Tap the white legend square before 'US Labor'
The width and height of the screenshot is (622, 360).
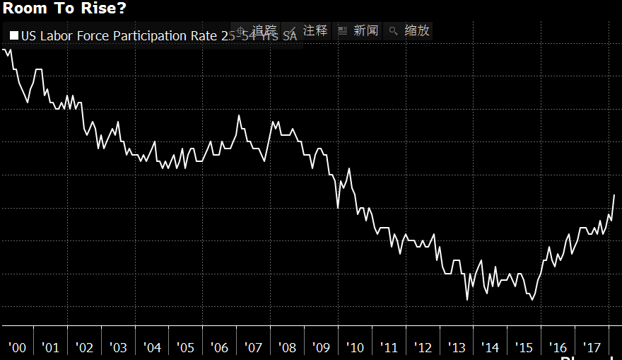point(13,35)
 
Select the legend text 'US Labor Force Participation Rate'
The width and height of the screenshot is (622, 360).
point(113,35)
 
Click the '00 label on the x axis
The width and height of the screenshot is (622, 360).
point(17,347)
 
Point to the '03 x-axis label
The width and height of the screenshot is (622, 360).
point(118,347)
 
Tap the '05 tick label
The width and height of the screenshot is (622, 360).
point(185,347)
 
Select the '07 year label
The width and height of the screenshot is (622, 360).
point(253,347)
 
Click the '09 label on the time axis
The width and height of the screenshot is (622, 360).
point(321,347)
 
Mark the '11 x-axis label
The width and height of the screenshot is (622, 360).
point(389,347)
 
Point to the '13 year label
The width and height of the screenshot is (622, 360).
point(457,347)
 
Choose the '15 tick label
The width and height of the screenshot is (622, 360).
point(524,347)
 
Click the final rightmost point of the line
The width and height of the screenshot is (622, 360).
point(614,194)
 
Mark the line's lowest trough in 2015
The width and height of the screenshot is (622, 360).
point(532,300)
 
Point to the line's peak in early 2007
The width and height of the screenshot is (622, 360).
point(239,115)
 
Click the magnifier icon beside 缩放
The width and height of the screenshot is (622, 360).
point(394,31)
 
